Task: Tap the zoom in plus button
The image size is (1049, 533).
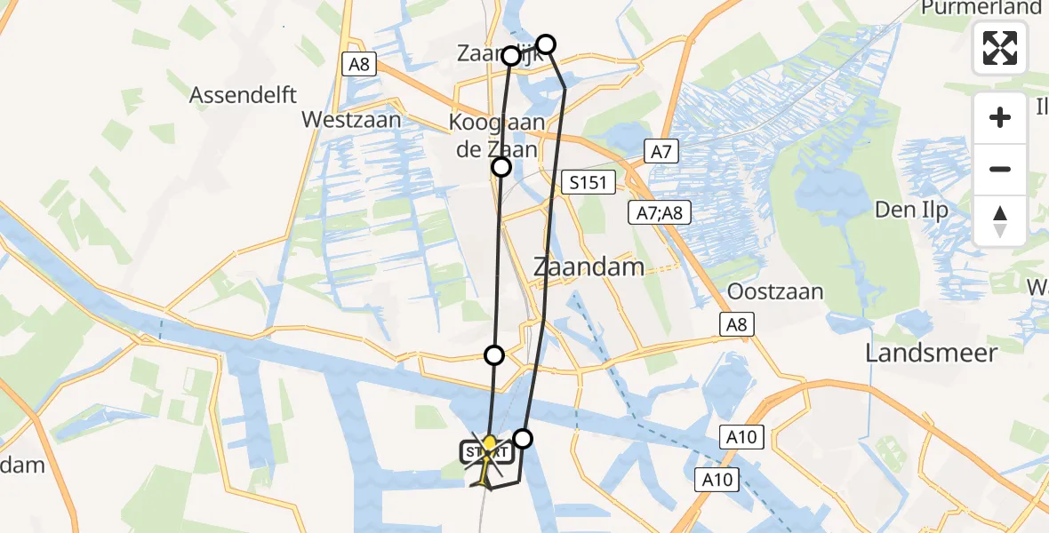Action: point(1000,117)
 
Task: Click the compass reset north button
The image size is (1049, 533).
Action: point(1000,221)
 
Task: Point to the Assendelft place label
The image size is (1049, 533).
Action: point(243,95)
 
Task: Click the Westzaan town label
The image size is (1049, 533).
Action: point(351,119)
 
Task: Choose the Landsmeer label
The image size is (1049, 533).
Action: point(931,353)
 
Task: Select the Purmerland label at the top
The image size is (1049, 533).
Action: point(981,8)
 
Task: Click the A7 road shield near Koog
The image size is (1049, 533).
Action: point(661,152)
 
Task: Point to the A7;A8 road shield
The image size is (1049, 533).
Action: point(660,212)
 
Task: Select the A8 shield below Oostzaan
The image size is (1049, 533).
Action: point(737,325)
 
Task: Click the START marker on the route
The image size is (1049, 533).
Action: point(487,451)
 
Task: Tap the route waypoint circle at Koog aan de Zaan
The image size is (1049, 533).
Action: point(502,167)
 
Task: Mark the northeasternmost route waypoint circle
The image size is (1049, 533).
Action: point(546,44)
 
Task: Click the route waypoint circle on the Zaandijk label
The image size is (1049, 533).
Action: point(511,56)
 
